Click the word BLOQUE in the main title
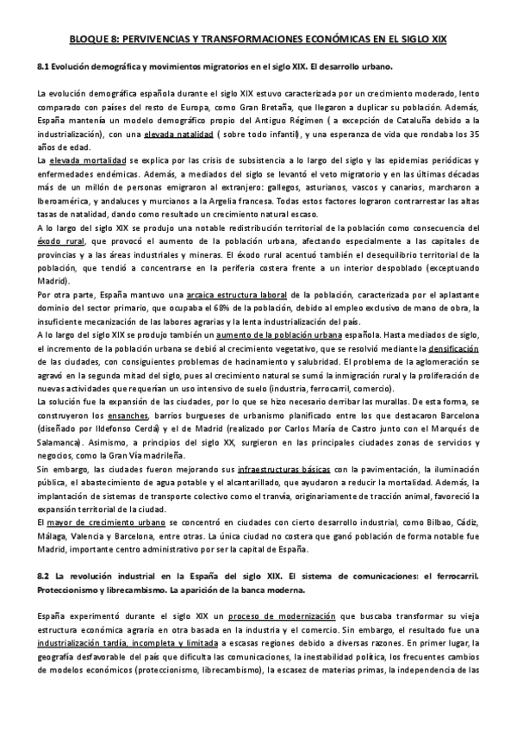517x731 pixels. click(88, 41)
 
